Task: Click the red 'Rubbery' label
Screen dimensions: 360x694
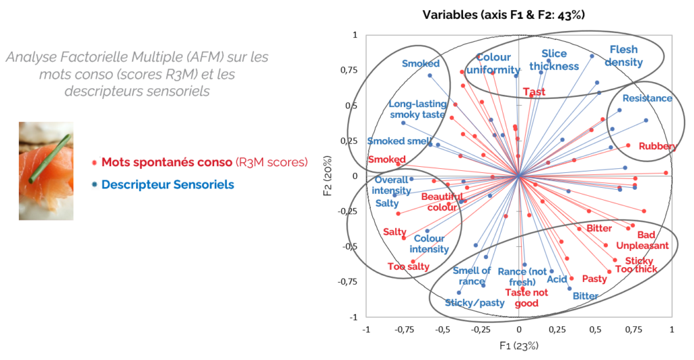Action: click(x=657, y=146)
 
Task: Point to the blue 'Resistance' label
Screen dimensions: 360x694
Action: click(x=647, y=98)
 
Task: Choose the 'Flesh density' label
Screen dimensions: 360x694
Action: click(x=624, y=56)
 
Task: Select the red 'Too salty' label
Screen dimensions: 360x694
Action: click(x=409, y=266)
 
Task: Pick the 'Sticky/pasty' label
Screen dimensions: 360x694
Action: click(x=474, y=302)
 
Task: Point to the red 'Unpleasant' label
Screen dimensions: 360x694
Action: click(x=642, y=245)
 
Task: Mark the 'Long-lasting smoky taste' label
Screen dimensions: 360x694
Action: click(x=417, y=109)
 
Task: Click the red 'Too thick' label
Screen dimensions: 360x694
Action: click(x=636, y=269)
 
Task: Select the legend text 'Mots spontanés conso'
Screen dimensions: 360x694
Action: click(x=167, y=162)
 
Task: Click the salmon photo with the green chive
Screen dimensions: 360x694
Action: click(x=45, y=170)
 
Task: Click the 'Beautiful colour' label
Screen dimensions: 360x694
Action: click(x=442, y=201)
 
